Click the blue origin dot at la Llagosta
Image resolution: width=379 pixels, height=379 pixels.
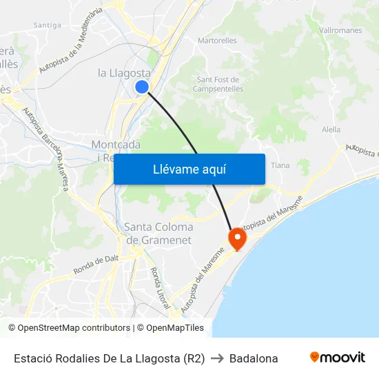141,86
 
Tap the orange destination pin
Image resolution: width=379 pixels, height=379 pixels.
237,238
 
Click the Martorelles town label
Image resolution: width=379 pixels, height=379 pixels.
217,41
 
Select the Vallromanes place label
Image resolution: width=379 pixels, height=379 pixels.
341,30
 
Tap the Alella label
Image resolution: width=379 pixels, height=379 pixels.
331,130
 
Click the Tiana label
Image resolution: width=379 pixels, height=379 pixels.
280,165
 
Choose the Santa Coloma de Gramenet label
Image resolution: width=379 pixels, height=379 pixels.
158,233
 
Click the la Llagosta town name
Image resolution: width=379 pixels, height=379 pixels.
124,72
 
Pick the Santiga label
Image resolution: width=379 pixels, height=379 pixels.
48,25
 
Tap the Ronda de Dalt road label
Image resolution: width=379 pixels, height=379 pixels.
96,264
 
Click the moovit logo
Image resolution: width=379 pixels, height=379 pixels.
338,357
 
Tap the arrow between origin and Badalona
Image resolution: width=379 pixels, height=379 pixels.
217,358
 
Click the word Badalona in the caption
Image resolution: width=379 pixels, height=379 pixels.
254,358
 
